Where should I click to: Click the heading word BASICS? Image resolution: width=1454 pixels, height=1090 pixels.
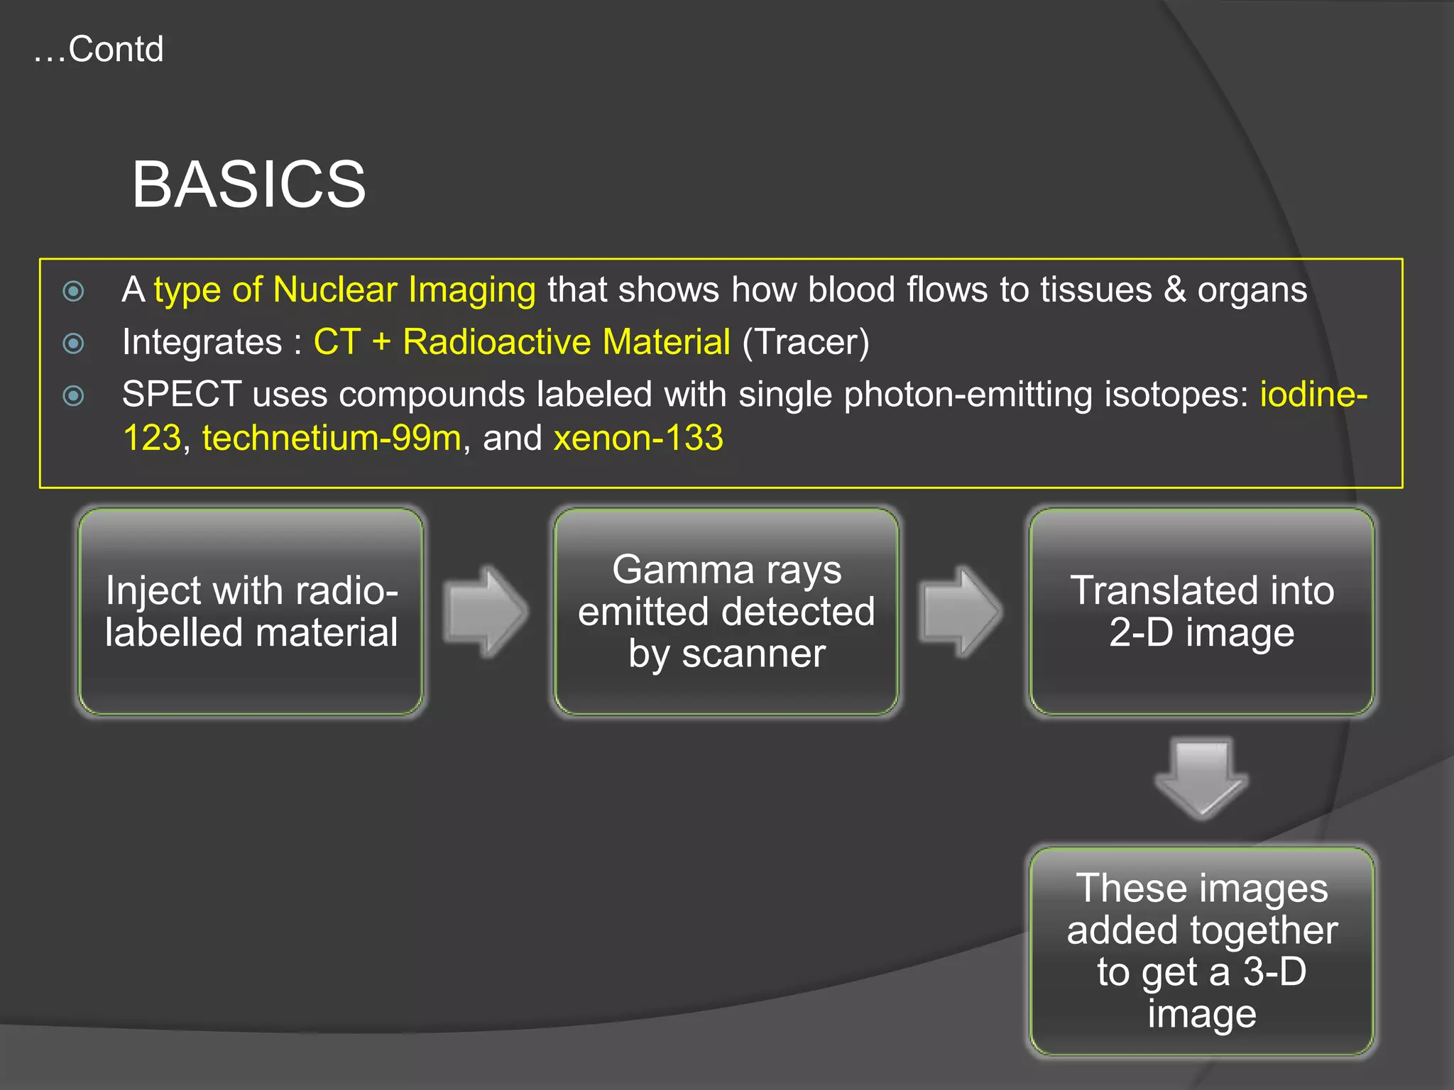click(x=248, y=185)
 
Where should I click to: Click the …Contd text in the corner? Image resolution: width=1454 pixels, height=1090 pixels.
click(x=99, y=49)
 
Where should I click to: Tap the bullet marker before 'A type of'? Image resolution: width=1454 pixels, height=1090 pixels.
click(x=74, y=291)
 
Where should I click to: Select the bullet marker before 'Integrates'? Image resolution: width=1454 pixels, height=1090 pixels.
click(x=74, y=343)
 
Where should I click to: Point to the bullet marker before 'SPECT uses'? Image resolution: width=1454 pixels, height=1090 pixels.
click(x=74, y=395)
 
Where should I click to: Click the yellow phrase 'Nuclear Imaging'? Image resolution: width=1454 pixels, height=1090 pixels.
click(x=404, y=290)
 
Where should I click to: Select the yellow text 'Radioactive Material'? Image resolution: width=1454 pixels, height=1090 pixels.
click(x=566, y=342)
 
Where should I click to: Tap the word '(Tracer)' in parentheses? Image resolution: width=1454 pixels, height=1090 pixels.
click(x=805, y=342)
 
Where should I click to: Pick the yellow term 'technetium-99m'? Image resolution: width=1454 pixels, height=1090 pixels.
click(x=332, y=438)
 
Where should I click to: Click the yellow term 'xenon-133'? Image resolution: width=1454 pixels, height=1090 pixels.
click(x=638, y=438)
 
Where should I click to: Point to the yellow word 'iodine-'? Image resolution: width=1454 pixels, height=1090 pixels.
click(x=1313, y=394)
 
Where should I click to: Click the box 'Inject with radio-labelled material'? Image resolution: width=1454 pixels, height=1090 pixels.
click(x=251, y=612)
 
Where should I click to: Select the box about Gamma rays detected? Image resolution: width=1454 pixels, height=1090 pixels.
click(x=726, y=612)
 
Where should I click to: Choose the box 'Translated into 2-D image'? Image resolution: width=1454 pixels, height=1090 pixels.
click(x=1201, y=612)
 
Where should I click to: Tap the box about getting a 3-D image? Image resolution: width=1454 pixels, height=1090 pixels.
click(x=1201, y=951)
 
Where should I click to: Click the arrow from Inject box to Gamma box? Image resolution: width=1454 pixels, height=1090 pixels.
click(x=486, y=612)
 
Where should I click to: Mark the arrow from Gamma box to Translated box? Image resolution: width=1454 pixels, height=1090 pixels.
click(x=961, y=612)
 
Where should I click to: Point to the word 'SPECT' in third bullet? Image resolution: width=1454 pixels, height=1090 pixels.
click(x=182, y=394)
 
